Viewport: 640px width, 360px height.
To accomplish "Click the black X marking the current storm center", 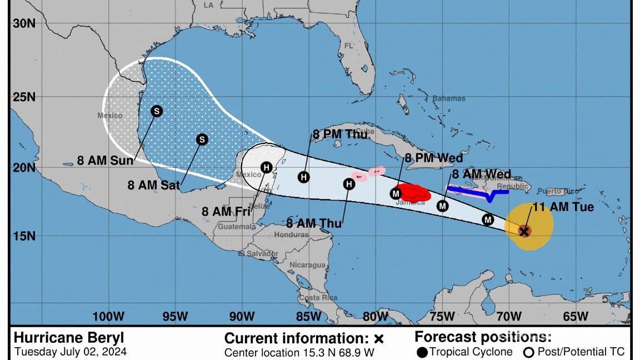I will click(524, 231).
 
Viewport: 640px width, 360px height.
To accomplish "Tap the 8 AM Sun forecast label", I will click(105, 161).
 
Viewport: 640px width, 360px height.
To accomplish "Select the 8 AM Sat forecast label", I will click(153, 185).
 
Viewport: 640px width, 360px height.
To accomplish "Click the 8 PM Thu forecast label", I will click(340, 134).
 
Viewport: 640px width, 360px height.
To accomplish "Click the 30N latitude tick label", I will click(24, 23).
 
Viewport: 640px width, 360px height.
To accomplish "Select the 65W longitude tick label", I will click(575, 317).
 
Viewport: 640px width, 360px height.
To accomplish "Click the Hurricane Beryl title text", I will click(69, 338).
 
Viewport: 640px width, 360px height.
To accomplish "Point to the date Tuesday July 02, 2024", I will click(71, 352).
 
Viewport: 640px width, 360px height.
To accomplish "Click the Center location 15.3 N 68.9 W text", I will click(299, 352).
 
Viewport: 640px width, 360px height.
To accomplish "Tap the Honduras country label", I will click(291, 234).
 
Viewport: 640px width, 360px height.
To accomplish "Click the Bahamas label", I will click(448, 98).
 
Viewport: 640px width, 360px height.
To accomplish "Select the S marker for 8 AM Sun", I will click(157, 111).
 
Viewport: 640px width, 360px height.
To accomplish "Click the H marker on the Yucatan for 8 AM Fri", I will click(267, 167).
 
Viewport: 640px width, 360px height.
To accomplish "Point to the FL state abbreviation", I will click(349, 46).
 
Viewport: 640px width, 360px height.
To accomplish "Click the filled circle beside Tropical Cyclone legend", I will click(422, 352).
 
